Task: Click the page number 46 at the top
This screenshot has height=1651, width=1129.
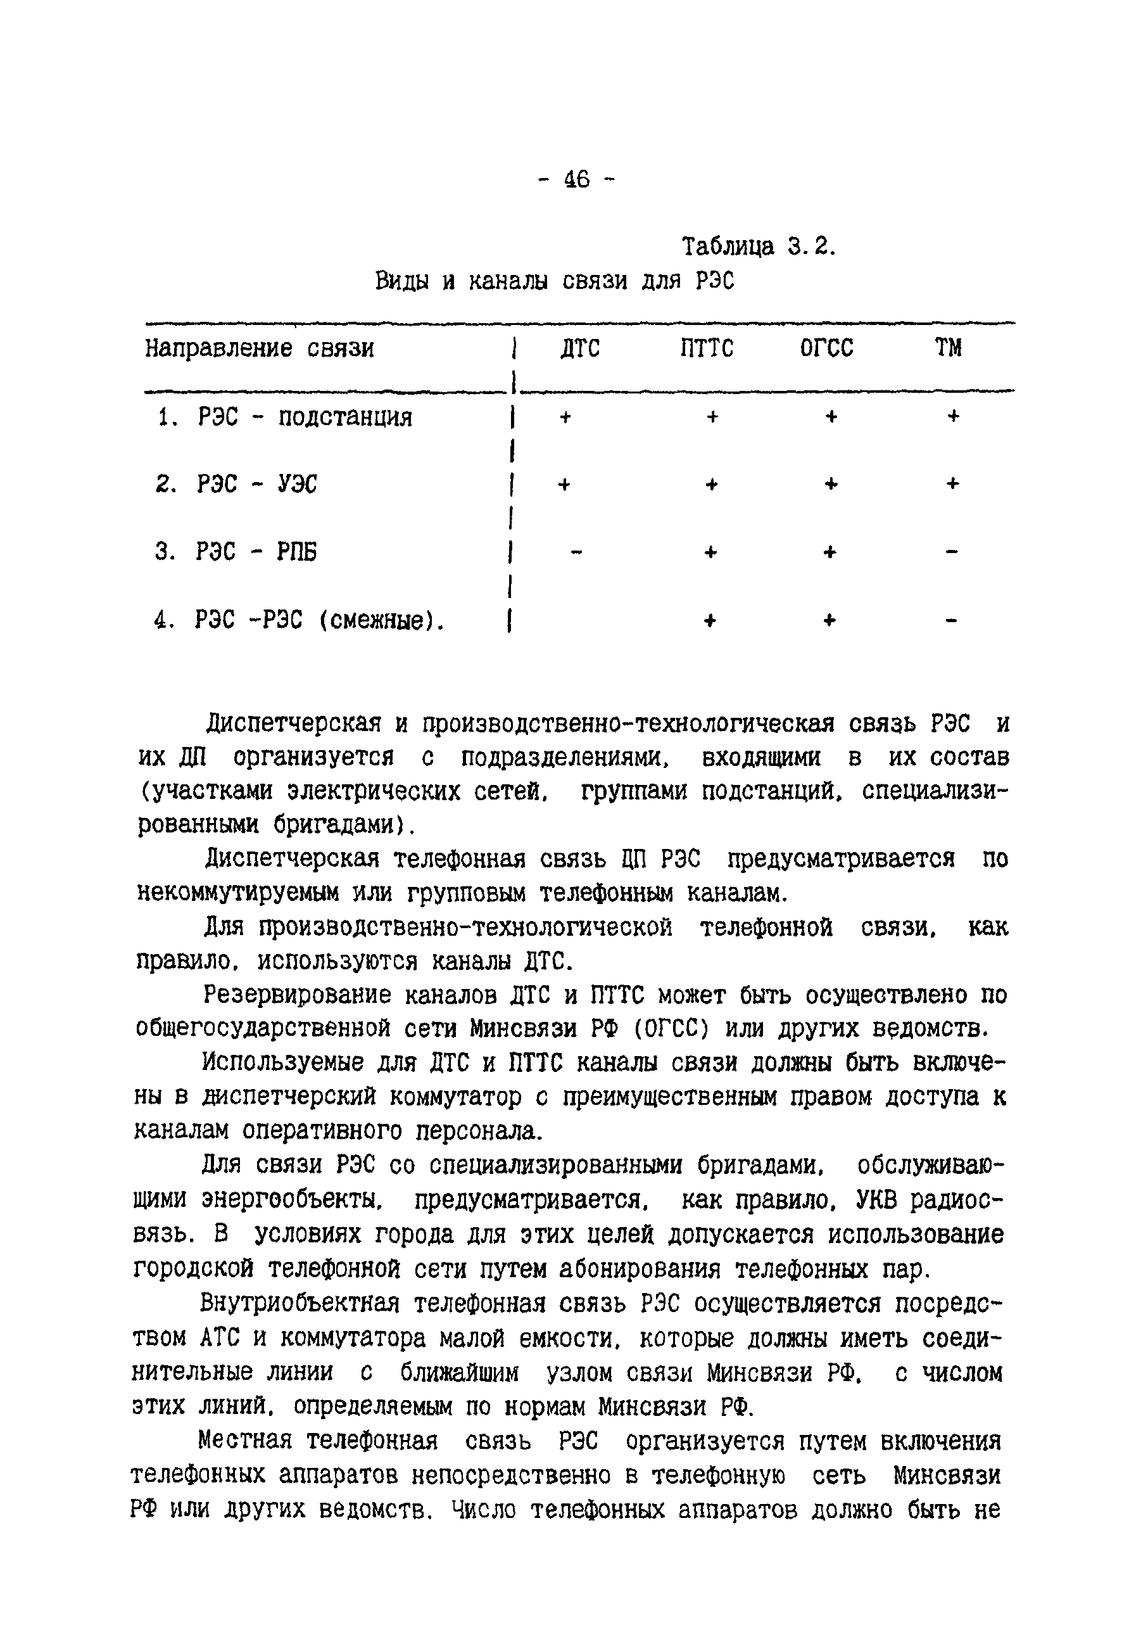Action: pos(577,179)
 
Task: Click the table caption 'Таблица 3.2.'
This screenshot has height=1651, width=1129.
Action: pos(759,246)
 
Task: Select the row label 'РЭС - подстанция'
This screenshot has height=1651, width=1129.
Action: pos(305,417)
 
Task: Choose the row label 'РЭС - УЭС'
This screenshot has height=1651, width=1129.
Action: pos(257,485)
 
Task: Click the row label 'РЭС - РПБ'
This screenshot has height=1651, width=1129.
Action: pos(256,552)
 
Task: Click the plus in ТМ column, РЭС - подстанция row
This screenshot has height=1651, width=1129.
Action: pos(953,416)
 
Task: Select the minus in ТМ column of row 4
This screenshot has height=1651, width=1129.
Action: pos(952,621)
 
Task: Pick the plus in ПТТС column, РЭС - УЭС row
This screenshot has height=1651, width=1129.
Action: pos(712,485)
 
